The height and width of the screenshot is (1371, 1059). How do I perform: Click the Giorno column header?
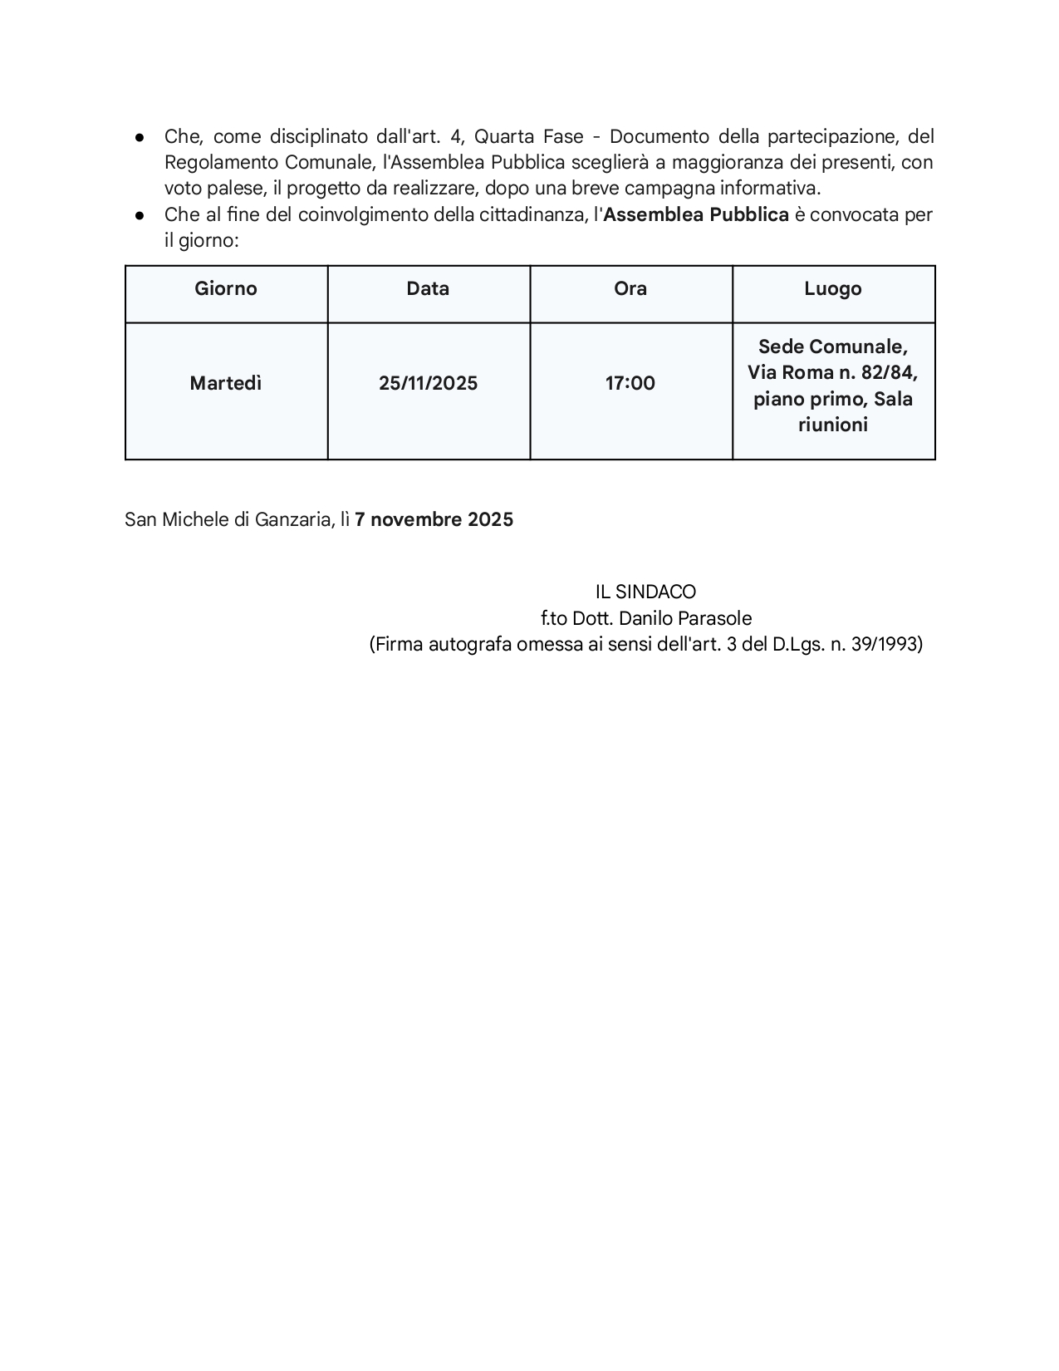[226, 289]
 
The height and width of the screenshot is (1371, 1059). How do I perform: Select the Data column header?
[428, 289]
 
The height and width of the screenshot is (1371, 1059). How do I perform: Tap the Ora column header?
[630, 289]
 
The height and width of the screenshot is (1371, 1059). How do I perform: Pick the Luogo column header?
[833, 289]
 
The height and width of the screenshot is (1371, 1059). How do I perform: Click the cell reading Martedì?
[226, 383]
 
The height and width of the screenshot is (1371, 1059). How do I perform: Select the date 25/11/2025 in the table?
[428, 383]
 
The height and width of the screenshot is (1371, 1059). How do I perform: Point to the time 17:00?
[630, 383]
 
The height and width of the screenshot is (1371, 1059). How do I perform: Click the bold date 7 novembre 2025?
[434, 520]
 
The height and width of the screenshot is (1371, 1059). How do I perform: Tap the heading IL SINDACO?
[645, 592]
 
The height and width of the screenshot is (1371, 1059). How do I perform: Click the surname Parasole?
[717, 619]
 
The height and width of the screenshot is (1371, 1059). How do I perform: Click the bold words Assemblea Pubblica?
[696, 215]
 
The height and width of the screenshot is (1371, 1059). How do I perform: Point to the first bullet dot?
[140, 137]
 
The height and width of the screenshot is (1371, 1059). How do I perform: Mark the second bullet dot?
[140, 215]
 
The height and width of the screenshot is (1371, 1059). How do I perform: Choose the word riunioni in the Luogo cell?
[833, 425]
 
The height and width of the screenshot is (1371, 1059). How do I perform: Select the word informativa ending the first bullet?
[770, 189]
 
